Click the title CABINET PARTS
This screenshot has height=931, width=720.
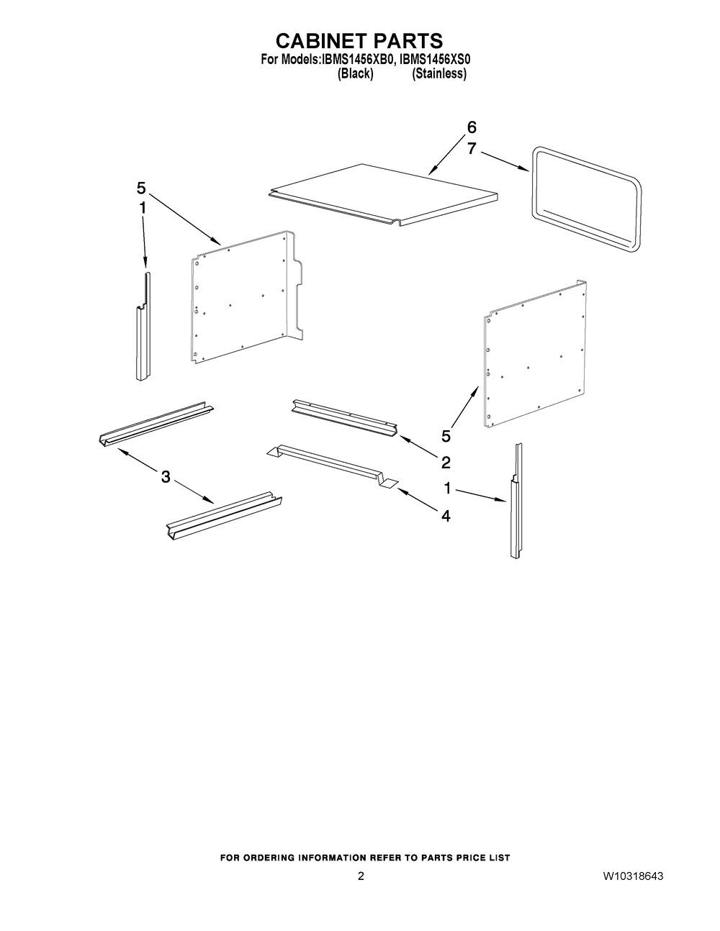click(359, 41)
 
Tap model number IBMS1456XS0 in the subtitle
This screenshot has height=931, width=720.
click(435, 60)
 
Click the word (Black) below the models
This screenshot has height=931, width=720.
click(355, 73)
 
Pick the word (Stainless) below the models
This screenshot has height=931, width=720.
click(439, 73)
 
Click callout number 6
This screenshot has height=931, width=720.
click(471, 127)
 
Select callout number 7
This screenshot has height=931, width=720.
click(471, 149)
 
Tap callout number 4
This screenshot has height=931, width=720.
click(446, 517)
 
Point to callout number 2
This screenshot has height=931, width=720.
click(446, 463)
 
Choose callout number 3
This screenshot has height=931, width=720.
click(166, 476)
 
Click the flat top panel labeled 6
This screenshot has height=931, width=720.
click(384, 194)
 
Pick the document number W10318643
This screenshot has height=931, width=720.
click(634, 876)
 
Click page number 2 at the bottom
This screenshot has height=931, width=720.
click(361, 876)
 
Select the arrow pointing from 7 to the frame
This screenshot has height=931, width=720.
click(505, 161)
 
